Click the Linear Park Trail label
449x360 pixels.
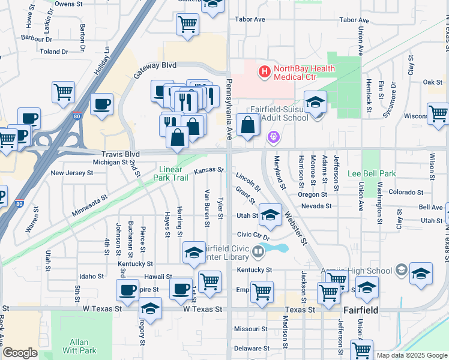click(178, 173)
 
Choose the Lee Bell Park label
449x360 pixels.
click(372, 173)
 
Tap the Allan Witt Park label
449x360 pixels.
click(79, 346)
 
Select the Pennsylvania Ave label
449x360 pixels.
click(229, 108)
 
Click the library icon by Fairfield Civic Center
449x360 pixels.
click(258, 251)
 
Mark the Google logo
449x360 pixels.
click(20, 353)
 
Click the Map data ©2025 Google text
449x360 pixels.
click(412, 355)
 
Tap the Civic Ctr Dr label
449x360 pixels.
click(254, 235)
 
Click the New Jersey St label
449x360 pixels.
click(72, 173)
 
